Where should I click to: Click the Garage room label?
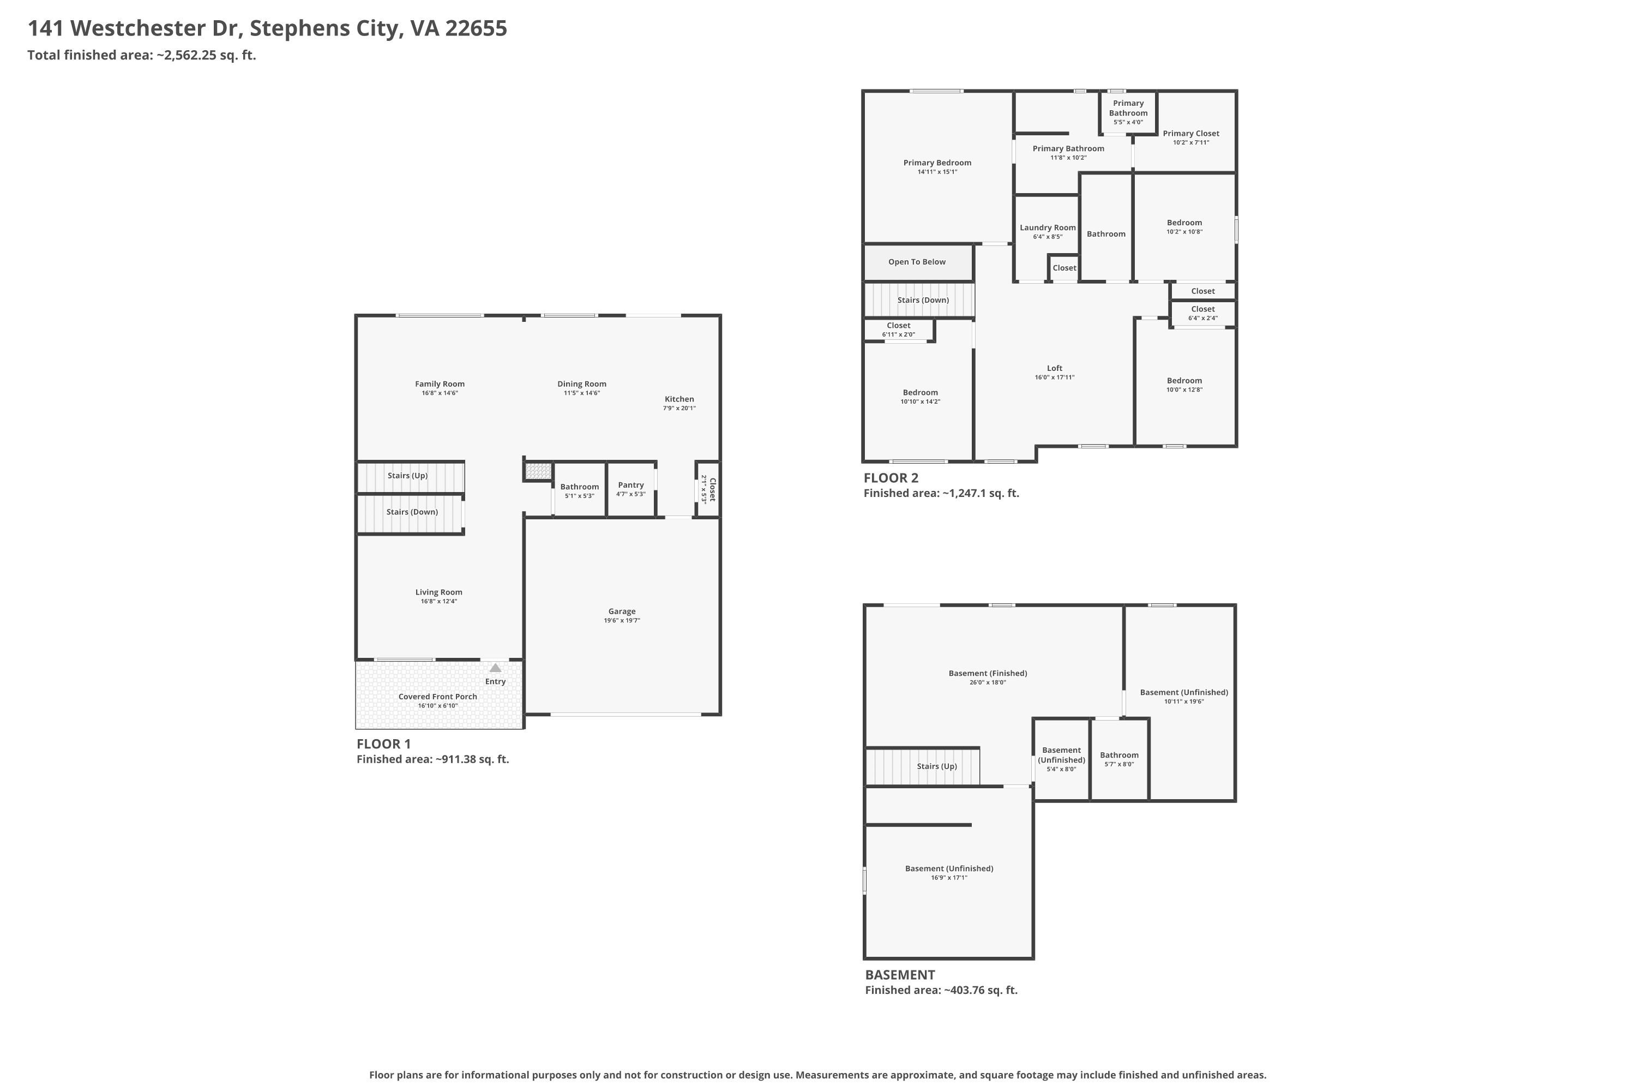pos(622,612)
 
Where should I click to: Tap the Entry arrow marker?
pos(495,668)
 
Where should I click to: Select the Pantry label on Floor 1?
pos(631,485)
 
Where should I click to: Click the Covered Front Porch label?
pos(437,697)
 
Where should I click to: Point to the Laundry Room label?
pos(1048,227)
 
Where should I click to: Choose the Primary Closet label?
pos(1191,134)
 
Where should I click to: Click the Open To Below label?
pos(917,262)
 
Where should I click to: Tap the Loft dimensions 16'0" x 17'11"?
pos(1055,377)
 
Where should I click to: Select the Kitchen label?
pos(679,399)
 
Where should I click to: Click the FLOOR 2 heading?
pos(891,478)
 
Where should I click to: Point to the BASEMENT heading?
pos(900,975)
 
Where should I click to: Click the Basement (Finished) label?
pos(988,673)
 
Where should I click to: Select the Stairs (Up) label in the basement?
pos(937,766)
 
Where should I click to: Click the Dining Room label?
pos(581,384)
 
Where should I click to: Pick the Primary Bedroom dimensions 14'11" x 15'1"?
pos(937,172)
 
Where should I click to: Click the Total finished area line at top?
pos(142,55)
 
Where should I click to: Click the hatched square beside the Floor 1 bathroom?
pos(538,471)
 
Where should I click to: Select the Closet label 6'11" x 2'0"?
pos(899,326)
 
